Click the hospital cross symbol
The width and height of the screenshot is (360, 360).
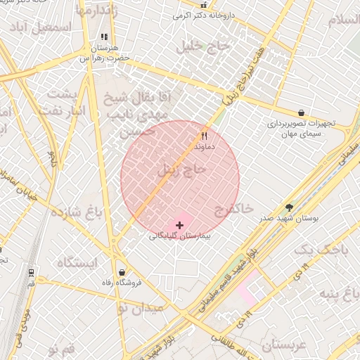(181, 225)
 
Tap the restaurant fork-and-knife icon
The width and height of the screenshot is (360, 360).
(204, 136)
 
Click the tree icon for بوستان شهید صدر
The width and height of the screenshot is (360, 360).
(289, 207)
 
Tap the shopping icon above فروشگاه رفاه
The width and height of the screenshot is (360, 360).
(122, 272)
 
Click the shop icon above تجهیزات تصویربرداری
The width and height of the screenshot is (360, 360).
(302, 112)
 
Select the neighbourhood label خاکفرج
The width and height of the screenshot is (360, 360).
(235, 209)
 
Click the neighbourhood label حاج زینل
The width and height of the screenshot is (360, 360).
(182, 169)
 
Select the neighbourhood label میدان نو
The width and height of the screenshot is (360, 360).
(138, 308)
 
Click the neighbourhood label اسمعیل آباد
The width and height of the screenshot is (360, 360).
(47, 27)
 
